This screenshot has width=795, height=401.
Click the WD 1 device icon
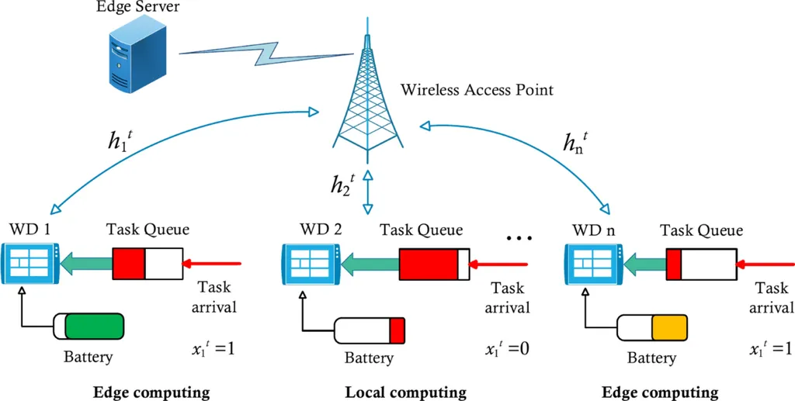point(30,264)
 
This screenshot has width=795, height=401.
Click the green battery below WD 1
point(94,326)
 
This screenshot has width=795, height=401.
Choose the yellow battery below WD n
point(669,330)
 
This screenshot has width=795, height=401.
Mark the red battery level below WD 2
point(397,330)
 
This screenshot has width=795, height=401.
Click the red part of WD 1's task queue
point(129,264)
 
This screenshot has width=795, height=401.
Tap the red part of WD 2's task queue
point(429,264)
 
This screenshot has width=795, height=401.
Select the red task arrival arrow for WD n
point(765,265)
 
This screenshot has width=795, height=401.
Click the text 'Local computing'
point(405,392)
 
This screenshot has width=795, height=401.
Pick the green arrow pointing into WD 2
point(368,264)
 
